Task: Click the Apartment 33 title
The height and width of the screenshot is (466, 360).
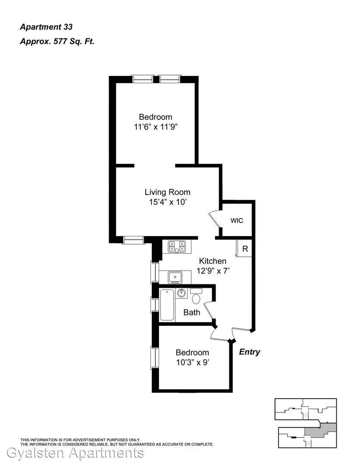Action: pos(46,27)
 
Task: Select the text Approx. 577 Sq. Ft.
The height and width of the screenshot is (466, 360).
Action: pos(57,41)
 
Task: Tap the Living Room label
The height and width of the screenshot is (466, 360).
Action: pos(168,192)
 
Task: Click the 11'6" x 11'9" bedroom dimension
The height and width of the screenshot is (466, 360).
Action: pos(156,127)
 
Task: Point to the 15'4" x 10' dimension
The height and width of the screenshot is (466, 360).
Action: pos(168,202)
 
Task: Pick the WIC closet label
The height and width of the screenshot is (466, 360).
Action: pos(237,220)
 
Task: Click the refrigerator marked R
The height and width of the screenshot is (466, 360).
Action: pos(244,249)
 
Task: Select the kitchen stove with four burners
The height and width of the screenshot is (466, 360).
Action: pos(177,247)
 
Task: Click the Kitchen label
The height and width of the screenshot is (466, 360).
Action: pos(213,261)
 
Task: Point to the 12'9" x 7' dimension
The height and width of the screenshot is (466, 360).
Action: pos(213,271)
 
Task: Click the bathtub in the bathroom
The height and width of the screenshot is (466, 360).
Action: pos(167,305)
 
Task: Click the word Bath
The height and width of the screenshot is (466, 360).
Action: pos(191,312)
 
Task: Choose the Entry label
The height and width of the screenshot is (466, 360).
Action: pos(250,352)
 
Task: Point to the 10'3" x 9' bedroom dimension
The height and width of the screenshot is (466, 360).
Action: pos(192,362)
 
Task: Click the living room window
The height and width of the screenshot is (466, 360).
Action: pos(133,240)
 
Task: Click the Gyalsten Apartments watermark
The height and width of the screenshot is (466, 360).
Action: pos(75,453)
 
